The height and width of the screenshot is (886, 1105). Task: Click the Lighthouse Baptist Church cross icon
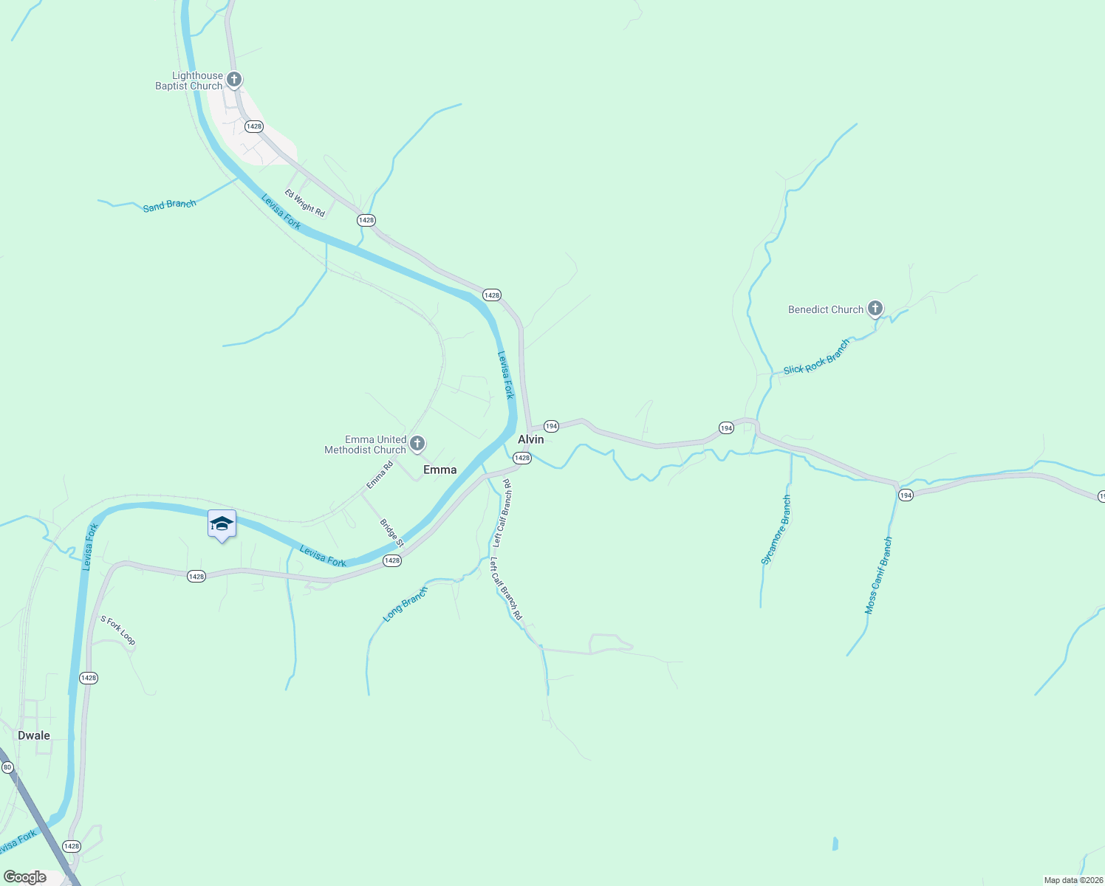click(x=234, y=79)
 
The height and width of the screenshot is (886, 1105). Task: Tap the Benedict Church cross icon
click(x=875, y=309)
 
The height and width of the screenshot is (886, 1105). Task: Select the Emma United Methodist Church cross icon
click(x=417, y=444)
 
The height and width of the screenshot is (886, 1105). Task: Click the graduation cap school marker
click(x=222, y=523)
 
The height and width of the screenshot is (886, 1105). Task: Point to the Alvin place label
click(x=531, y=439)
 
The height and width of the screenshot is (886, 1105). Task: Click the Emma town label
click(x=440, y=470)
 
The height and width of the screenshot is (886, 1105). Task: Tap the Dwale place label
click(x=34, y=735)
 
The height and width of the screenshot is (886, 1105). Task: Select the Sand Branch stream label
click(x=170, y=205)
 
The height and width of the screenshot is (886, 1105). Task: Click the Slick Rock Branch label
click(x=817, y=358)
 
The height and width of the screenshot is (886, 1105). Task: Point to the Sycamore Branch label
click(x=776, y=530)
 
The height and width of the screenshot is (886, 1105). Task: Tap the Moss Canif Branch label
click(x=879, y=576)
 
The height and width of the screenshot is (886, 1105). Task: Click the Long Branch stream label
click(x=406, y=604)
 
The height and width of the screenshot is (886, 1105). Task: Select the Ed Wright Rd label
click(x=305, y=204)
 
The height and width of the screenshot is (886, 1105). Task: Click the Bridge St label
click(x=392, y=533)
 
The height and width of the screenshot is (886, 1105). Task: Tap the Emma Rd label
click(x=380, y=475)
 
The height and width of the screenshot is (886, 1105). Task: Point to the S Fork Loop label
click(x=118, y=630)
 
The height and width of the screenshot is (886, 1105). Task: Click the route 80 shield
click(x=7, y=768)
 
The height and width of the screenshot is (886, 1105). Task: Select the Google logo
click(x=25, y=877)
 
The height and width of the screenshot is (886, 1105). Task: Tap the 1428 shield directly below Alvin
click(x=522, y=458)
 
